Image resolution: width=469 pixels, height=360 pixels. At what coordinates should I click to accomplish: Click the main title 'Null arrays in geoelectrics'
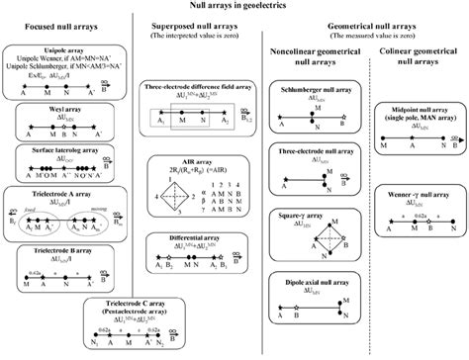coord(234,6)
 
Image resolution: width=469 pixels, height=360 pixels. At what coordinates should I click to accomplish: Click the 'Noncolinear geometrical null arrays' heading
coord(307,54)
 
